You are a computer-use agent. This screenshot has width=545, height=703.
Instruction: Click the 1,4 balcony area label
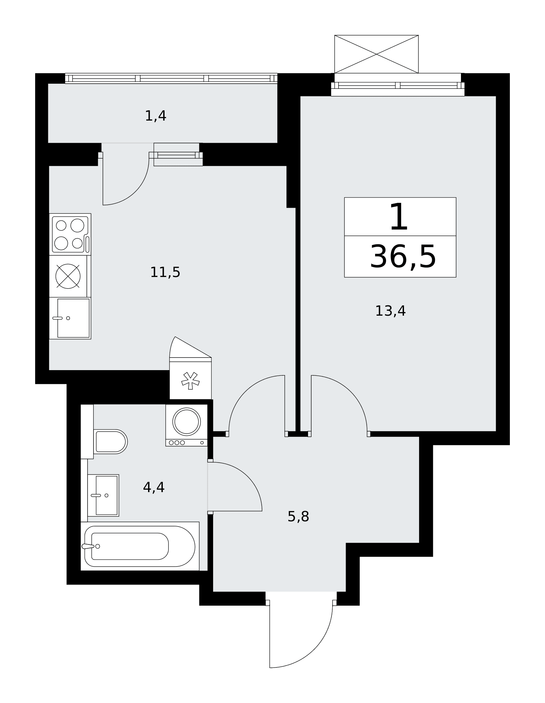155,116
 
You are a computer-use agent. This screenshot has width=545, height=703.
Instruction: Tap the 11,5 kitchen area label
165,272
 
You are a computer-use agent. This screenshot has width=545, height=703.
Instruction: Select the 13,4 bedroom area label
390,311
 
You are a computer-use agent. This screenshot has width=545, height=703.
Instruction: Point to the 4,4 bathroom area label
154,487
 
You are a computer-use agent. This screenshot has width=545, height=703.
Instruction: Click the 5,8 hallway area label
298,517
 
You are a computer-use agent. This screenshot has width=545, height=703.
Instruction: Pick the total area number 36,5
403,257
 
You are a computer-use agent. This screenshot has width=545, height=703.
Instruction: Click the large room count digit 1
399,217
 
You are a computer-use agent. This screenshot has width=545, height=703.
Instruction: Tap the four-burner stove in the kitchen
70,234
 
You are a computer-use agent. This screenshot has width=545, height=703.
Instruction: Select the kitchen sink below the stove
70,318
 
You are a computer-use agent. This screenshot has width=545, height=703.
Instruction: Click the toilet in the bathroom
110,441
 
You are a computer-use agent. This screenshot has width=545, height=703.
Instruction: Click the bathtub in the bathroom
140,546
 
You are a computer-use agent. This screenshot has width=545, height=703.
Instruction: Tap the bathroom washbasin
103,495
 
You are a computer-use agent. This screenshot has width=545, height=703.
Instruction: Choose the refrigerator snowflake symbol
190,381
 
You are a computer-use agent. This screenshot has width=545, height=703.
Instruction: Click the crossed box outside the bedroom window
376,54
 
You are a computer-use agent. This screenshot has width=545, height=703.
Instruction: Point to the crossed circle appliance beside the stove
68,276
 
